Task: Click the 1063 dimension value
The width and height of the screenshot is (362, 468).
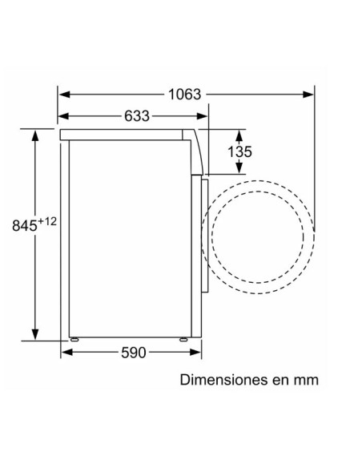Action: click(184, 93)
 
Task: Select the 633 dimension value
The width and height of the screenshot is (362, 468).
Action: click(137, 116)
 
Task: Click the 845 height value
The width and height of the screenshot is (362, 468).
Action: click(25, 227)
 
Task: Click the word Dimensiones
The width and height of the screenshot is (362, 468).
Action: click(225, 379)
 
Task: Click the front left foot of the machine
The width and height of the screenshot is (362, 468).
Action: click(74, 340)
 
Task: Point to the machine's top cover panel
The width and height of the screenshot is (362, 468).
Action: click(128, 133)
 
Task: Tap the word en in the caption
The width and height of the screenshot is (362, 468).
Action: click(280, 379)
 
